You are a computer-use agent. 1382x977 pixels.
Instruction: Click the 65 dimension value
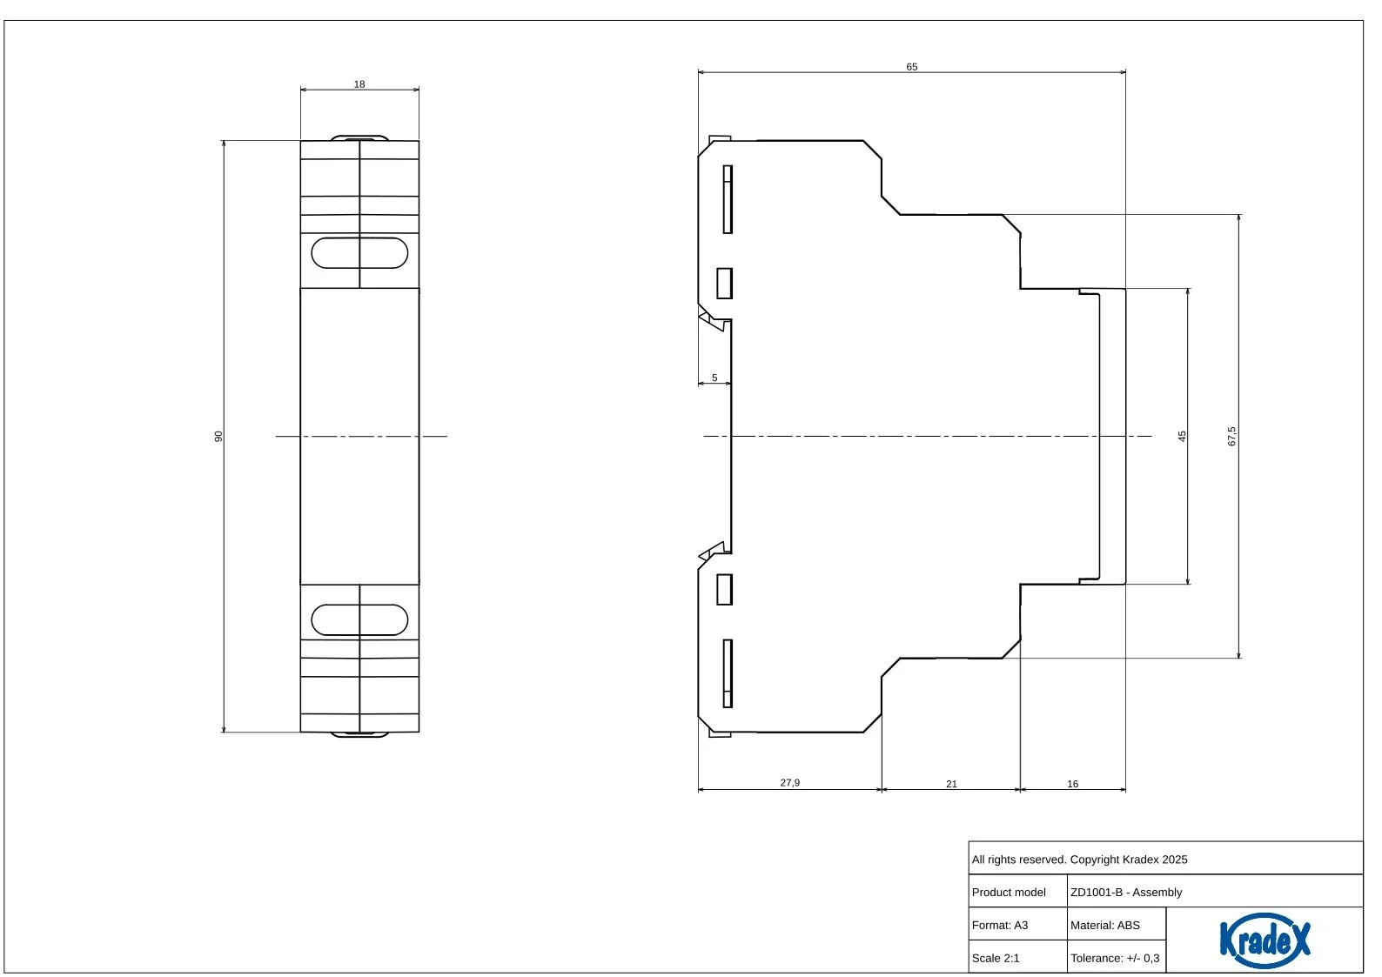point(911,67)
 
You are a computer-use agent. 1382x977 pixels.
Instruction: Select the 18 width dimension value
point(359,84)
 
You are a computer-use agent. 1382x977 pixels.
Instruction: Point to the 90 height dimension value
point(218,436)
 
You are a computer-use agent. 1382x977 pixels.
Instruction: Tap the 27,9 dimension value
point(789,783)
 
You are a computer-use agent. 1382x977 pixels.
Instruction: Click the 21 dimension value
point(951,784)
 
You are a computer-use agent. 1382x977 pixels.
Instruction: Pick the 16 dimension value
point(1072,784)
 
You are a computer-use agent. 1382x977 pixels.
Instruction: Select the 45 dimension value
point(1182,436)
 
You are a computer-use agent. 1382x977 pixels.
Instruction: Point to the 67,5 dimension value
point(1231,436)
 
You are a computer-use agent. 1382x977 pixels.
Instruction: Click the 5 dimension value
point(714,378)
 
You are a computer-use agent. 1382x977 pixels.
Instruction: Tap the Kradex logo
point(1265,940)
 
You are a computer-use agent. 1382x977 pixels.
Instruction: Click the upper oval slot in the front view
point(359,238)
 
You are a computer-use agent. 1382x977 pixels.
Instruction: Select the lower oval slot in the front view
point(359,605)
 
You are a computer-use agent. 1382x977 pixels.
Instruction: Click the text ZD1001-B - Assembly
point(1126,892)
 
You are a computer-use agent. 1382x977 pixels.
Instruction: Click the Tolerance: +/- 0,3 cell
point(1116,958)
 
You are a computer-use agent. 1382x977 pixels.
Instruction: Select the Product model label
point(1009,892)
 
